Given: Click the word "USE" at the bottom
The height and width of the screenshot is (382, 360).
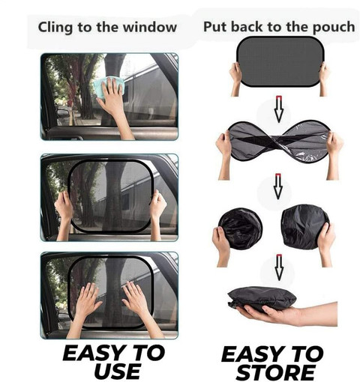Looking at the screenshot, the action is tap(117, 371).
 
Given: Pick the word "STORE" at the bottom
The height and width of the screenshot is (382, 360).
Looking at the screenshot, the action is tap(275, 372).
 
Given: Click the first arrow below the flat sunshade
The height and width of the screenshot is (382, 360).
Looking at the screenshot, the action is tap(279, 109).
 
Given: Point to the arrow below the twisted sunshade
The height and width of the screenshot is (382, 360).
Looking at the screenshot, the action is tap(278, 186).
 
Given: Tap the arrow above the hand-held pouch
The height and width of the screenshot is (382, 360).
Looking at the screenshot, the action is tap(279, 267).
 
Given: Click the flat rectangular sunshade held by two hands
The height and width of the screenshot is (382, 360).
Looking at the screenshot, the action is tap(280, 61).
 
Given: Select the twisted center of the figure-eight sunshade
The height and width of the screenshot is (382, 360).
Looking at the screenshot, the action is tap(279, 140).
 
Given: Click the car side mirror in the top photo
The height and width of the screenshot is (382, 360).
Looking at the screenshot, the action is tap(62, 114).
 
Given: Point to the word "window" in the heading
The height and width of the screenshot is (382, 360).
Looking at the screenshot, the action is tap(150, 27).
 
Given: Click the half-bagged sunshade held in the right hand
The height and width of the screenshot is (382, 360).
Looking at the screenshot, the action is tap(305, 227).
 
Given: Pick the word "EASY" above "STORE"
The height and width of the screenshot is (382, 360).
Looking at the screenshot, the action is tap(257, 354).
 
